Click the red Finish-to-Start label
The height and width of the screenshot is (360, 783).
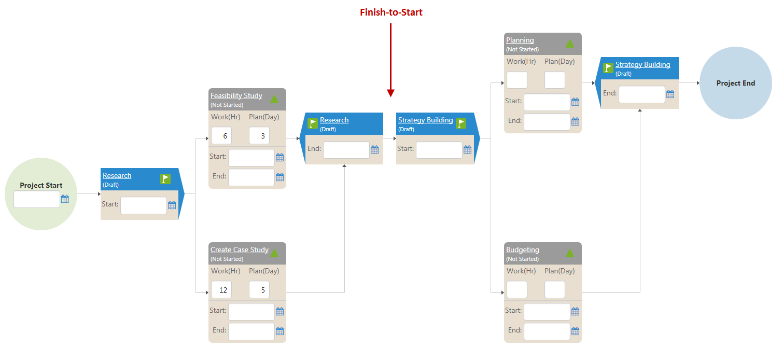[391, 12]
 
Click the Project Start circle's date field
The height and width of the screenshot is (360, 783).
[37, 199]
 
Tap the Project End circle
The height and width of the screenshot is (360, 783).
[735, 83]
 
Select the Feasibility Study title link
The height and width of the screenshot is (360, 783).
[236, 96]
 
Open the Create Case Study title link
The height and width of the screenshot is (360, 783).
[239, 250]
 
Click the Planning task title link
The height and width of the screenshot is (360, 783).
[520, 40]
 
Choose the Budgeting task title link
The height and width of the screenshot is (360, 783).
[522, 250]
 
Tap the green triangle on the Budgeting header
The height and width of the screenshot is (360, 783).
[569, 253]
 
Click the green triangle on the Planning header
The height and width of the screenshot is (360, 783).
[569, 44]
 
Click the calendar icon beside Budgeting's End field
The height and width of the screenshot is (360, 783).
[575, 331]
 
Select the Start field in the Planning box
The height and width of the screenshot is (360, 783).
[547, 102]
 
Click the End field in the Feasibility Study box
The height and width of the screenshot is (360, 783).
[251, 177]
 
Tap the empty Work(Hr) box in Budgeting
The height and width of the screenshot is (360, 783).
[516, 290]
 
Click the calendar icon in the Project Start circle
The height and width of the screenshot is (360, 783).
[65, 199]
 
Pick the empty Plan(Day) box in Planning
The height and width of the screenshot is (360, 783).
[554, 80]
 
